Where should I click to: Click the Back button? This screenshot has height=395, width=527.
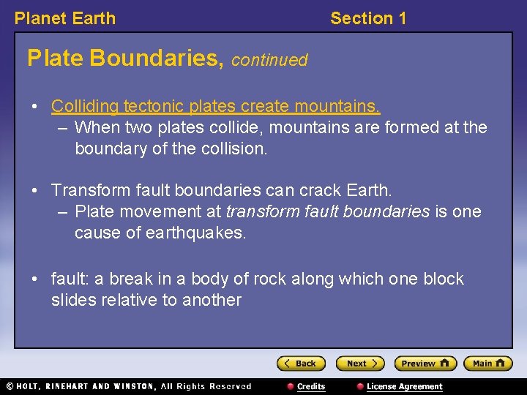point(301,364)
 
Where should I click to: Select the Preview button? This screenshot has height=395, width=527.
point(425,364)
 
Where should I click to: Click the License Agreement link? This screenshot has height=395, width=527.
point(404,386)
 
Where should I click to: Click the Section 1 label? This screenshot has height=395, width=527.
point(368,18)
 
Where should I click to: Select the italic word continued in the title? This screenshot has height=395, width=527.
point(269,60)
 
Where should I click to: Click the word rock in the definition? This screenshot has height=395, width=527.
point(270,279)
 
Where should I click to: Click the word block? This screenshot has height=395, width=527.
point(443,279)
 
